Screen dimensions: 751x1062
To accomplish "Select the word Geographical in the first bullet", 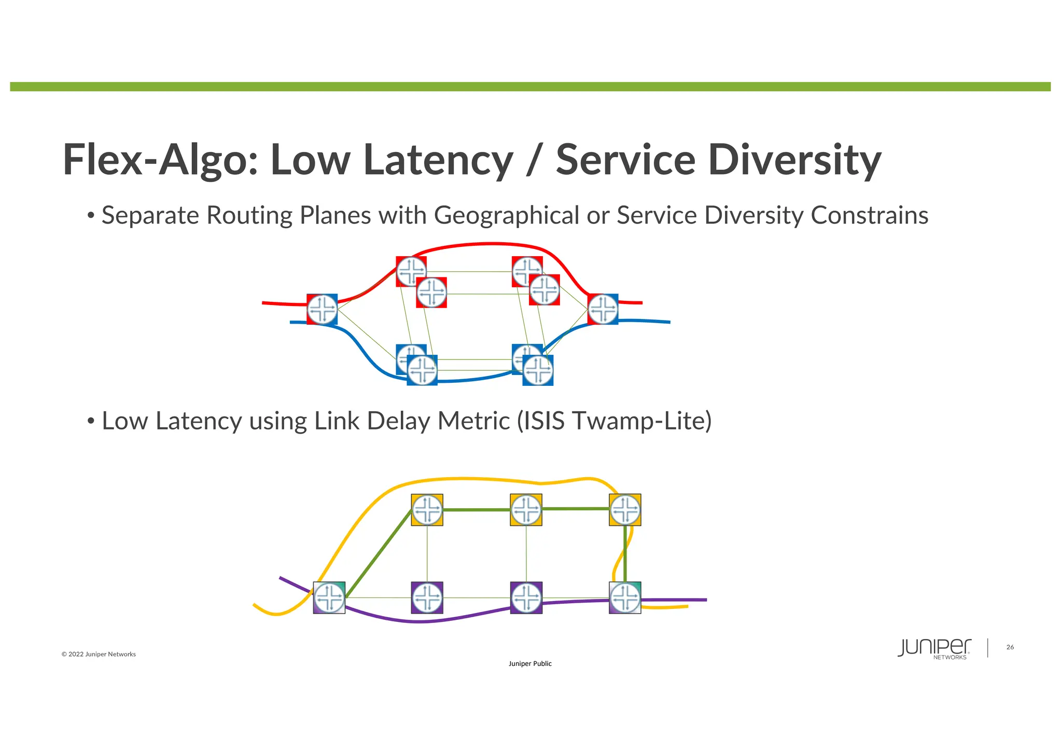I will point(506,215).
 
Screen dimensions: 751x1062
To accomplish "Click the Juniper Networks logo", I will point(934,648).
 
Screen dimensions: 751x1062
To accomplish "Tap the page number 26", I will point(1010,647).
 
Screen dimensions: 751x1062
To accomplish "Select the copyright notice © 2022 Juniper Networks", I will point(99,654).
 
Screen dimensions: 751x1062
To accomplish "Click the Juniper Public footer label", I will point(530,664).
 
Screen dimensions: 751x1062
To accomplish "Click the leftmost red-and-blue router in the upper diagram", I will point(322,309).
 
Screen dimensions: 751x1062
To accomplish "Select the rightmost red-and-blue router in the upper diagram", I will point(603,309).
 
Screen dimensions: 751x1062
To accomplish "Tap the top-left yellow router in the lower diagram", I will point(427,510).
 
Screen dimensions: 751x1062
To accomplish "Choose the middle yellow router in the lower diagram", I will point(526,510).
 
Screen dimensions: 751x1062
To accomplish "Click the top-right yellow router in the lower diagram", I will point(625,510).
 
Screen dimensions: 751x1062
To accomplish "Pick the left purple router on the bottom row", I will point(427,597).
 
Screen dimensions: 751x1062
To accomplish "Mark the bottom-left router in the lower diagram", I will point(329,597).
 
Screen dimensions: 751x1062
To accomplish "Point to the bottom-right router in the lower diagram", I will point(625,597).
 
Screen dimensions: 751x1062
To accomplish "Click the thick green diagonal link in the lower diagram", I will point(379,554).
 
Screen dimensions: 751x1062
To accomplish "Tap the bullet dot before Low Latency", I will point(90,421).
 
